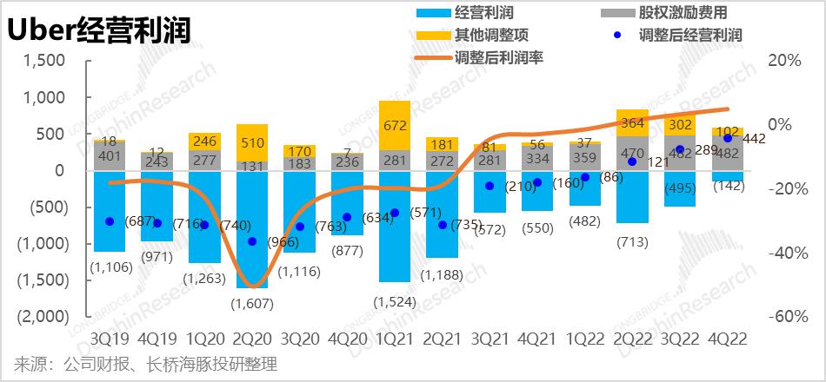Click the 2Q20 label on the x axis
252,338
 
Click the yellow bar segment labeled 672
395,126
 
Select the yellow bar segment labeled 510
252,142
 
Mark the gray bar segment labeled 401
110,156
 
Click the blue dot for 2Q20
252,241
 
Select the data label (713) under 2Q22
632,242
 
